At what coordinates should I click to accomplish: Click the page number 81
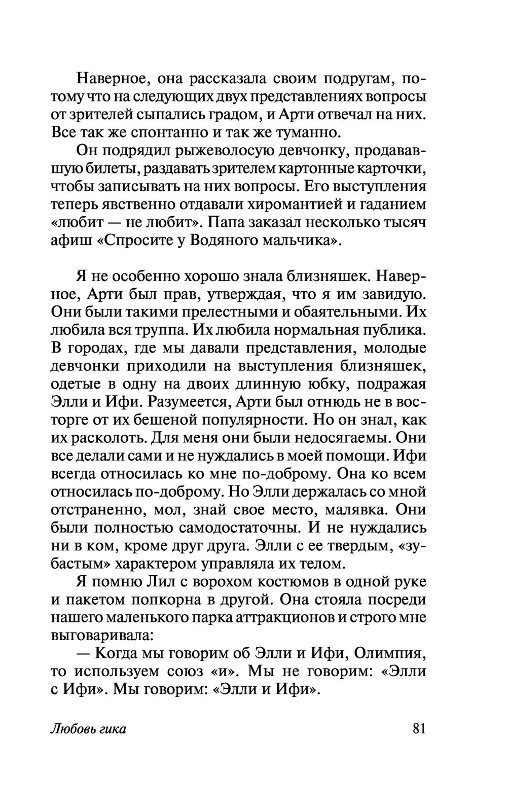[x=419, y=729]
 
